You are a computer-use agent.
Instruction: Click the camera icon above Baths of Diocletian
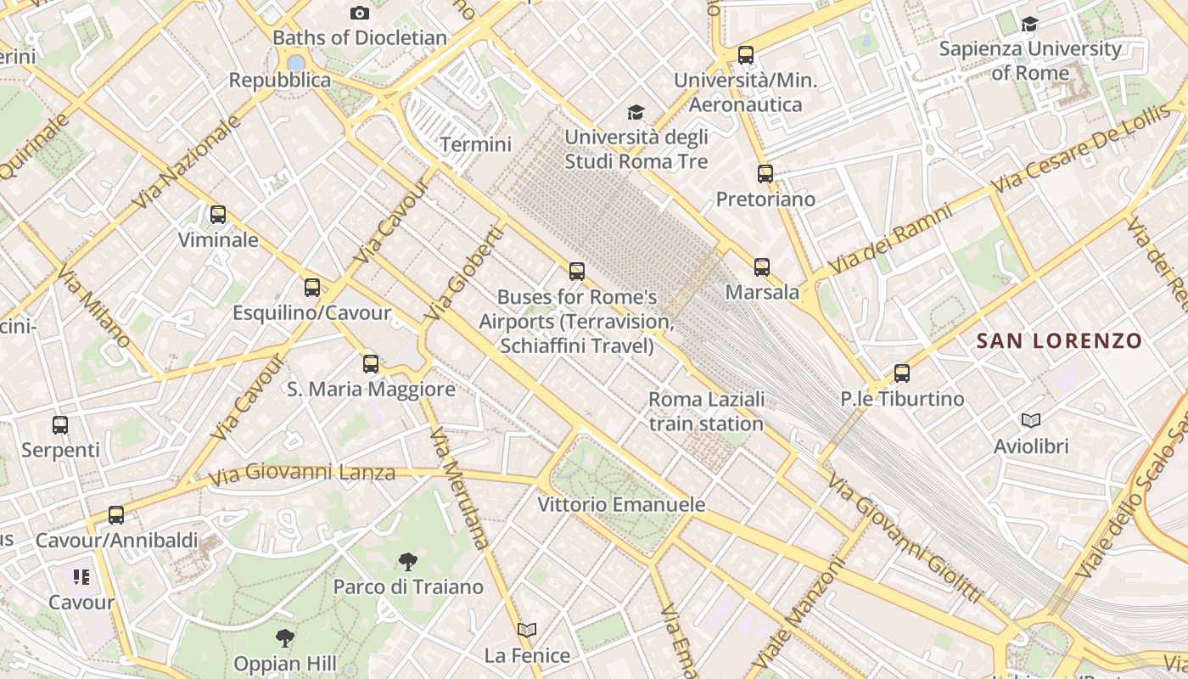[360, 13]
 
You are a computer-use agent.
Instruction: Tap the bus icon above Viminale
[218, 215]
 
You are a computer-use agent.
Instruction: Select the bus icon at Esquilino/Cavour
[312, 288]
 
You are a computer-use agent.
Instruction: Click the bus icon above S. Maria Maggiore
[371, 364]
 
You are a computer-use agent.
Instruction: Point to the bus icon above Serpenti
[60, 425]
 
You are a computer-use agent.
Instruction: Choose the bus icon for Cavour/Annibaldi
[116, 515]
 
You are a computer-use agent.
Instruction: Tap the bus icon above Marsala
[762, 267]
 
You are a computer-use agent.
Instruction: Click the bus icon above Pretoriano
[765, 174]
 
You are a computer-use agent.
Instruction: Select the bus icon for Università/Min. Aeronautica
[746, 55]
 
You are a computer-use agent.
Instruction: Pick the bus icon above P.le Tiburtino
[902, 373]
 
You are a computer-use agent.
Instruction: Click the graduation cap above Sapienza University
[1030, 24]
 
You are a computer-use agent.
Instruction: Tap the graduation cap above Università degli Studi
[636, 112]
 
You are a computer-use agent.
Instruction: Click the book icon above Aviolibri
[1031, 421]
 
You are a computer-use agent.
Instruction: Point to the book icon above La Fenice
[527, 631]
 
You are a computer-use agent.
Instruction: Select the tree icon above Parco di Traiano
[408, 561]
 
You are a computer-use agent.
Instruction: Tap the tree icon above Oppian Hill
[285, 638]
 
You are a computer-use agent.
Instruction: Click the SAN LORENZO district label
[1059, 341]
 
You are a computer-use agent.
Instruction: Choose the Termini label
[475, 144]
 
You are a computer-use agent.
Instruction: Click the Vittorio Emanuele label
[621, 505]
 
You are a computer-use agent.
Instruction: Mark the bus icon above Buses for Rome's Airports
[577, 272]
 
